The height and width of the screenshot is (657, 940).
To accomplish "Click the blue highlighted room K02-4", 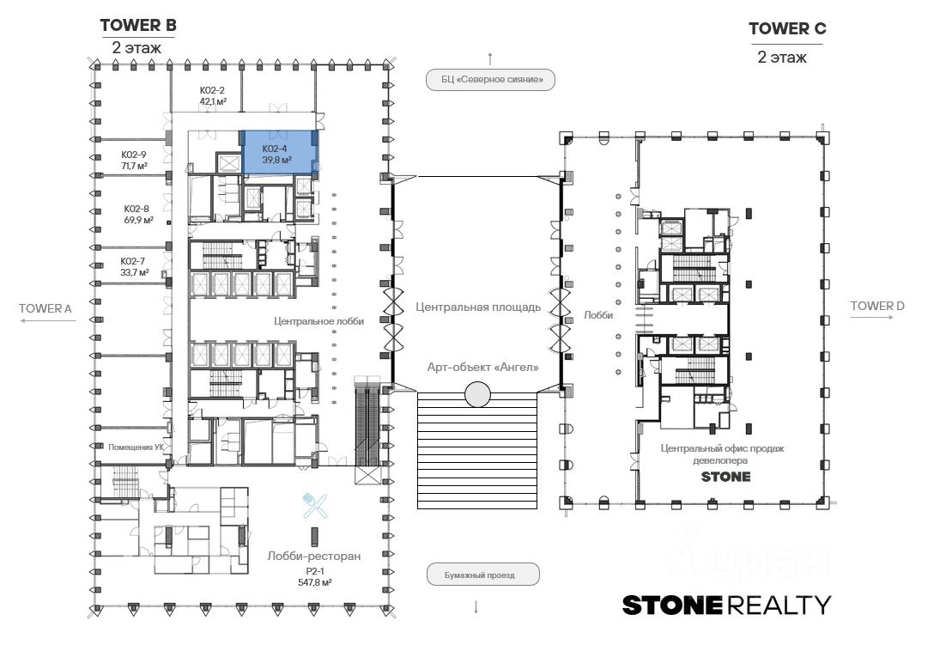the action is tap(279, 152).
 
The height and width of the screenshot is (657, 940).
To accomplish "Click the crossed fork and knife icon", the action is tap(315, 505).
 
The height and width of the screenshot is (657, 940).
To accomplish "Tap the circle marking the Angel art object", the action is tap(477, 395).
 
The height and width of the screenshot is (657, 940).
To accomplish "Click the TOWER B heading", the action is tap(138, 26).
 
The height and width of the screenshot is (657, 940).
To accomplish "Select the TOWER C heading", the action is tap(787, 29).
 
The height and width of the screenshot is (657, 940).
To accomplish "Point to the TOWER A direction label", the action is tap(45, 308).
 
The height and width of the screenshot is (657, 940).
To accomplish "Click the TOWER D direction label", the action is tap(877, 306).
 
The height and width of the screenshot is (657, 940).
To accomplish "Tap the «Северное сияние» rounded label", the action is tap(490, 79).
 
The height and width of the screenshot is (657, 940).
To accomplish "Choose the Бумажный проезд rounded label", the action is tap(482, 575).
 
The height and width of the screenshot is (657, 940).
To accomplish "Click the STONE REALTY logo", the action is tap(726, 605).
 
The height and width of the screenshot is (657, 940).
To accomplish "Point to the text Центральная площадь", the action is tap(478, 307).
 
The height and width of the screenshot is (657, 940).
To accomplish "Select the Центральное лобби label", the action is tap(319, 321).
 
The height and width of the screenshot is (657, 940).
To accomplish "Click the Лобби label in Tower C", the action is tap(598, 315).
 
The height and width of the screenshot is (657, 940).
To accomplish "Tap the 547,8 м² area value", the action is tap(315, 582).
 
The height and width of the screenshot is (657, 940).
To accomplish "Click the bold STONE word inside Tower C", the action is tap(725, 477).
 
